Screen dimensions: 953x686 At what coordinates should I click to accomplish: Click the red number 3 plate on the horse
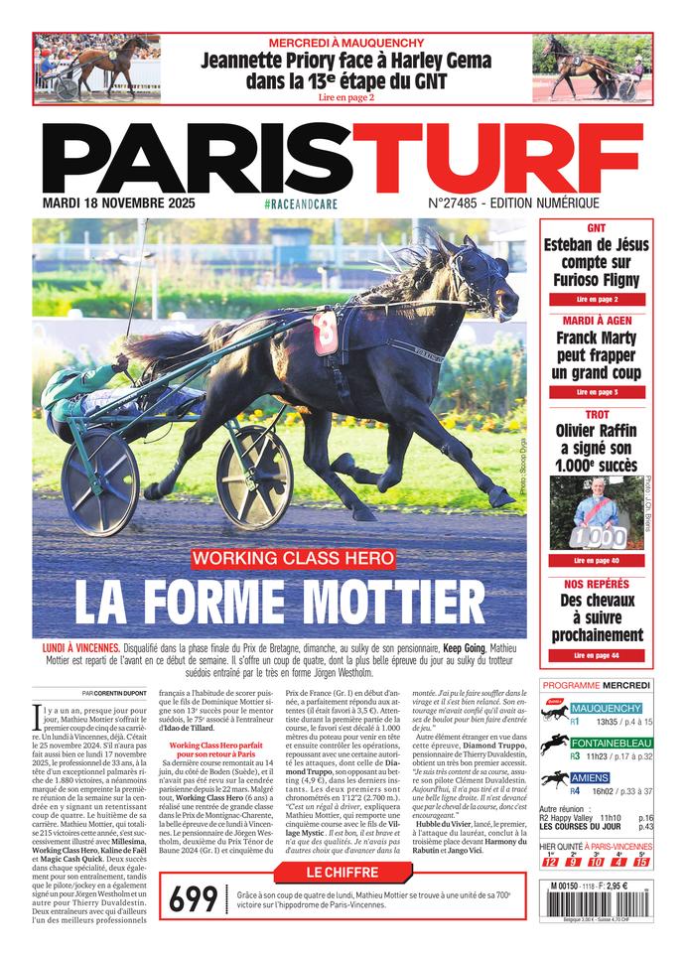tap(325, 332)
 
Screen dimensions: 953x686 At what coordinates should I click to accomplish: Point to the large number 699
tap(193, 899)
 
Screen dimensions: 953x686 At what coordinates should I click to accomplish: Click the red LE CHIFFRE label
tap(343, 873)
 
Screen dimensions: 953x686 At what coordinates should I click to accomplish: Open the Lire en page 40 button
tap(597, 561)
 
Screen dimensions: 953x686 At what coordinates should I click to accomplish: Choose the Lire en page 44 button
tap(597, 655)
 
